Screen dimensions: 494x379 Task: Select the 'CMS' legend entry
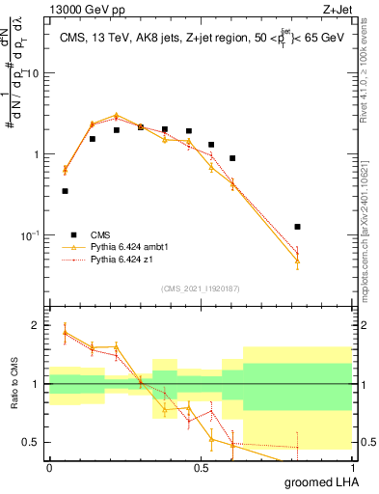click(x=100, y=233)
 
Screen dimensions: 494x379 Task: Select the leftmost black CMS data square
click(x=65, y=191)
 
